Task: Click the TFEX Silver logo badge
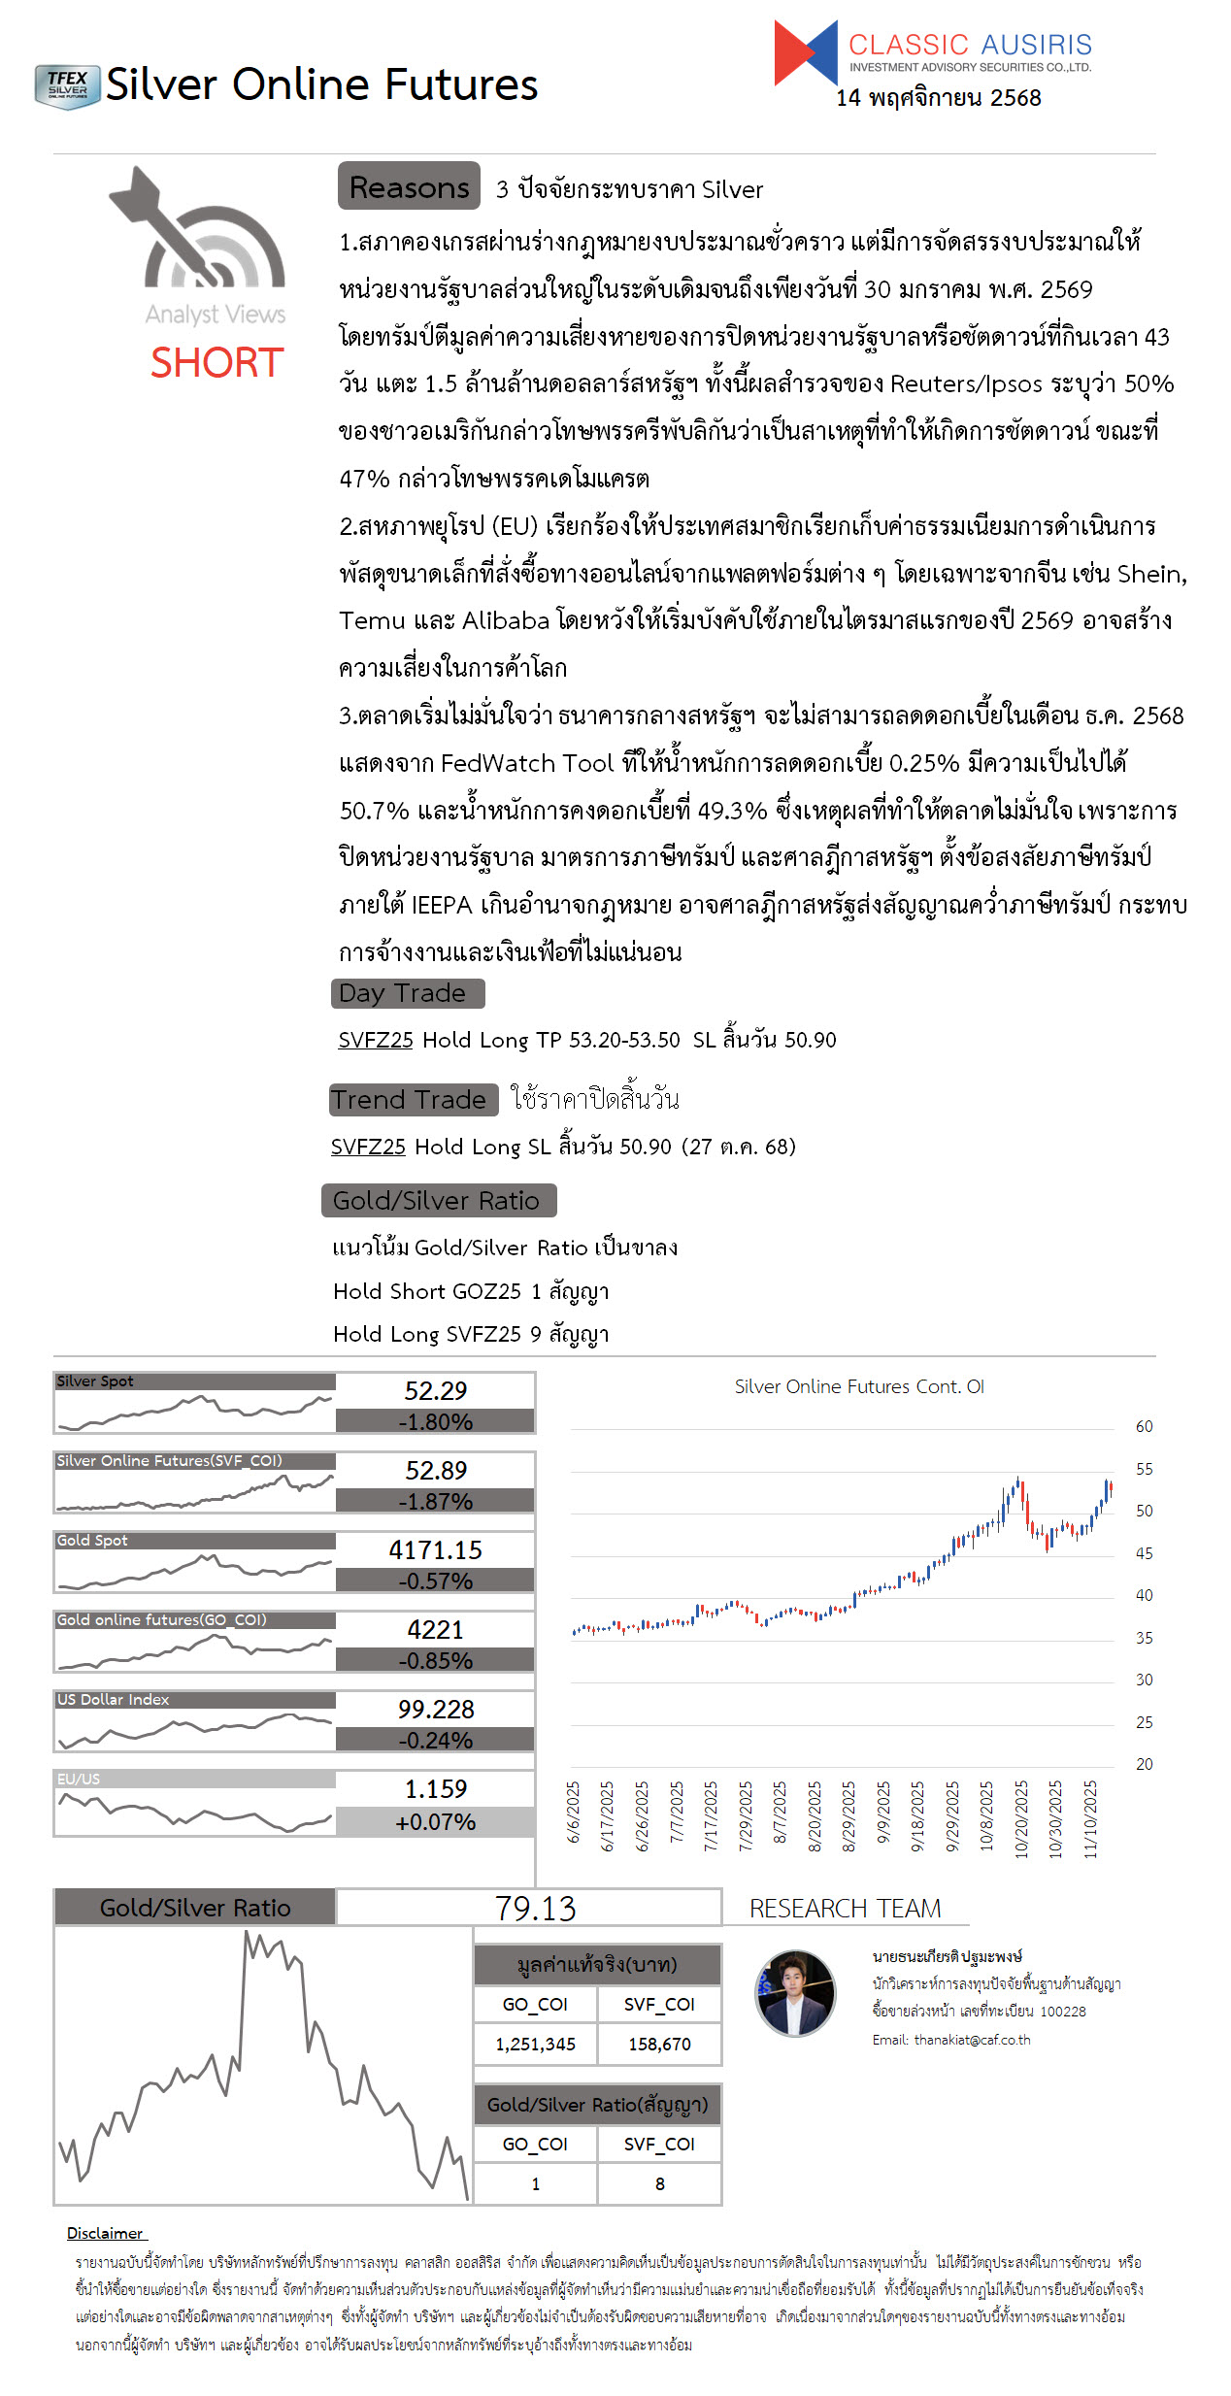coord(67,86)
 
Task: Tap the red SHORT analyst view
coord(216,363)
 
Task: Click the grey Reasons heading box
coord(409,186)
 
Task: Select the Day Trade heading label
coord(407,993)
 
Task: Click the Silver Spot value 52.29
coord(435,1390)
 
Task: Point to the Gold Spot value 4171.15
coord(435,1549)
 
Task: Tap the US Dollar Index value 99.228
coord(435,1709)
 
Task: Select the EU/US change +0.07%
coord(435,1822)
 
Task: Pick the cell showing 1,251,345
coord(535,2044)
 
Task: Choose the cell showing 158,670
coord(659,2044)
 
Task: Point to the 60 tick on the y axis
coord(1144,1426)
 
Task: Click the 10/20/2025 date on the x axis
coord(1021,1818)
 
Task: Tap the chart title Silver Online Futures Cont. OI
coord(859,1386)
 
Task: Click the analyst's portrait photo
coord(795,1993)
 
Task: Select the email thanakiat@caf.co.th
coord(972,2040)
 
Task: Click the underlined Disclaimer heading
coord(105,2233)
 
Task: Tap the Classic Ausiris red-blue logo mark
coord(805,53)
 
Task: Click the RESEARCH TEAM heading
coord(845,1909)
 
